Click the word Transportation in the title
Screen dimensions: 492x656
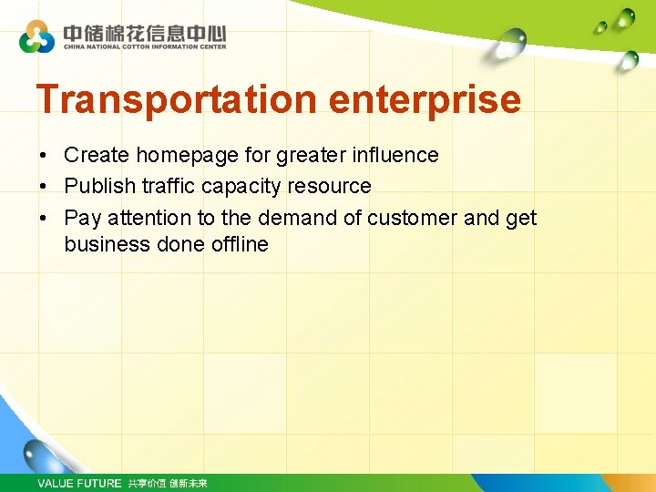(177, 99)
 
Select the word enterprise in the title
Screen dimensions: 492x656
(425, 99)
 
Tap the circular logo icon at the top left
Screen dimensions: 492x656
(37, 37)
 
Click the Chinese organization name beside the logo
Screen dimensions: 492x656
(144, 32)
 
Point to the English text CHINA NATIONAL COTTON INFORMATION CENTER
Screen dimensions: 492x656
(144, 46)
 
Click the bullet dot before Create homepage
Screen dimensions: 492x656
(44, 156)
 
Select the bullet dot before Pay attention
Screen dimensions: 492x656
(44, 219)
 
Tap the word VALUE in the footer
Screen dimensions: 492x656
(55, 483)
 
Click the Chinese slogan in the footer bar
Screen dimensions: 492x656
(168, 483)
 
